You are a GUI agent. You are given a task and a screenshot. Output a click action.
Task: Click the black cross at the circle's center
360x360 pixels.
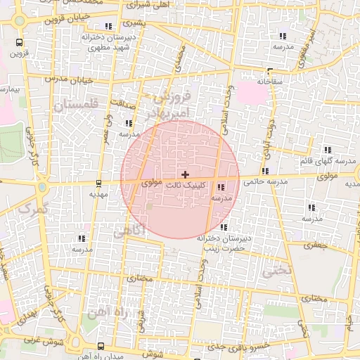click(185, 174)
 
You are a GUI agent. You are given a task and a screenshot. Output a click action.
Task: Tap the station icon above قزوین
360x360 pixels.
click(19, 41)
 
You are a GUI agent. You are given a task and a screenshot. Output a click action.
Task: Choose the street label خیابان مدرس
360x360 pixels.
click(69, 79)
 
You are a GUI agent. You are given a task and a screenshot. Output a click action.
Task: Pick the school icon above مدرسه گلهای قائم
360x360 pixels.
click(328, 150)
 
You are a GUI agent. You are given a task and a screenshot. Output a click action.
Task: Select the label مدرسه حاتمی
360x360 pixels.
click(266, 181)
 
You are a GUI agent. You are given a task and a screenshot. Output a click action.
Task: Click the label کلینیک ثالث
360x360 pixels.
click(186, 186)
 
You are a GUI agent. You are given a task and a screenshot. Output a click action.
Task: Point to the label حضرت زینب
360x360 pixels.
click(224, 248)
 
